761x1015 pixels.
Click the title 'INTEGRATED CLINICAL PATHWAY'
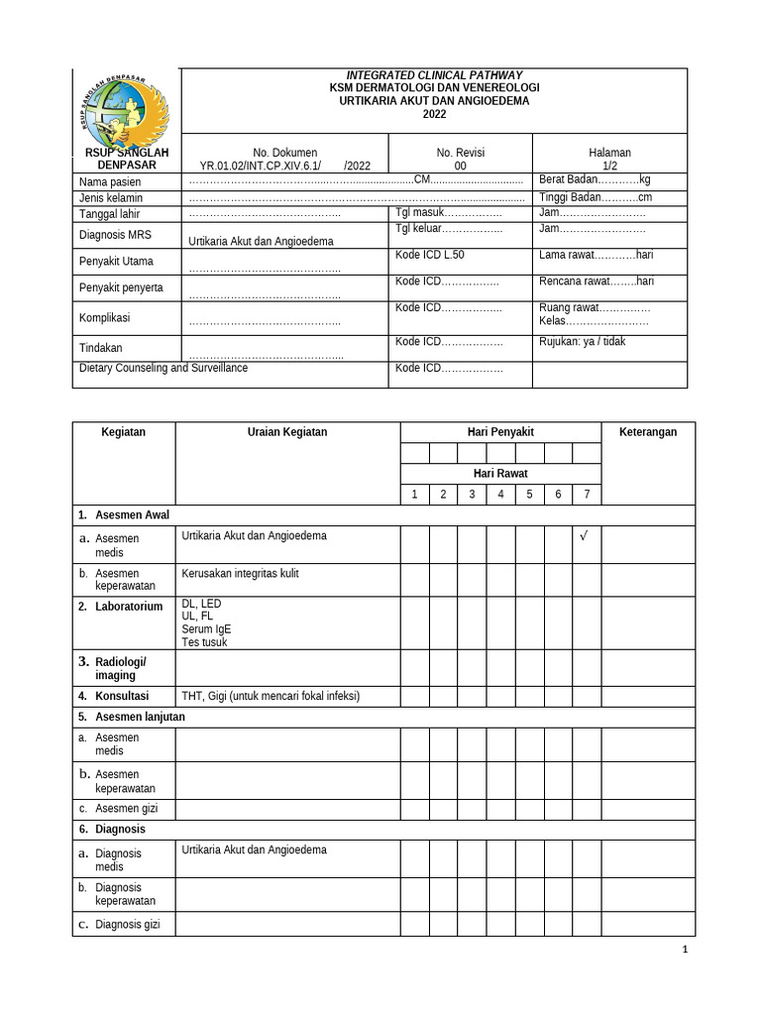(434, 75)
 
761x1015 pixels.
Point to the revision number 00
(460, 167)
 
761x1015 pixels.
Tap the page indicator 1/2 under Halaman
(609, 167)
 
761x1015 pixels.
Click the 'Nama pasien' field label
(110, 182)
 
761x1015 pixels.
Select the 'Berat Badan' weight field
(594, 179)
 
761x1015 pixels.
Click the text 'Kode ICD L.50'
(430, 255)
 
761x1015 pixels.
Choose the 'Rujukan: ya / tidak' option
(582, 341)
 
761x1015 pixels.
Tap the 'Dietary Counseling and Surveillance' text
(163, 368)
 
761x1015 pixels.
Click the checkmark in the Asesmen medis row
(585, 536)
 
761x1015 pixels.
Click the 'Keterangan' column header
(648, 432)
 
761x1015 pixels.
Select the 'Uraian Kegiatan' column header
(287, 432)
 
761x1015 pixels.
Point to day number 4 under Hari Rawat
(500, 495)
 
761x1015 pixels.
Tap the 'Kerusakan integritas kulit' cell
(240, 573)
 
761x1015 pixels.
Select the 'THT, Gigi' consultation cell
(271, 696)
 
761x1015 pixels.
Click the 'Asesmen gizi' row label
(120, 808)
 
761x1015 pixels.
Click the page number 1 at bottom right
(684, 950)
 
